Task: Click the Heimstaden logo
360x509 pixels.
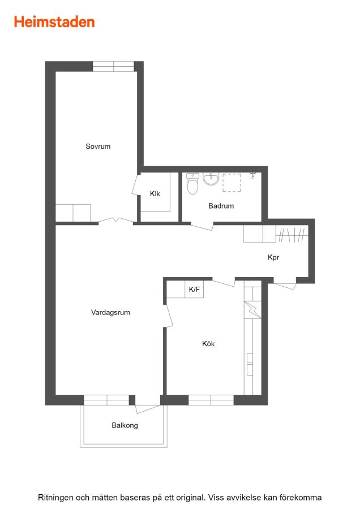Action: (x=54, y=21)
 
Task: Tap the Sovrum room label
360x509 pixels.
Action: (x=98, y=146)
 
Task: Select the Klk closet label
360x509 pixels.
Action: (x=155, y=194)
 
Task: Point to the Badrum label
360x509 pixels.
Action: (x=221, y=206)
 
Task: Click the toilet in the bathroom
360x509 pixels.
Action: (x=192, y=183)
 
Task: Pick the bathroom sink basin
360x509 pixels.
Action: (x=211, y=179)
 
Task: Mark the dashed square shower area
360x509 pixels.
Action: (x=232, y=183)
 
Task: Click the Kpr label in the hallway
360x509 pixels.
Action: (x=273, y=257)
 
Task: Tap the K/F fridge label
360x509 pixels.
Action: (x=194, y=289)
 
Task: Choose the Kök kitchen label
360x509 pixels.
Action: (x=208, y=343)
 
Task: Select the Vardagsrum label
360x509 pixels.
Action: (x=110, y=312)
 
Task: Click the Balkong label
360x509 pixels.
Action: (x=125, y=425)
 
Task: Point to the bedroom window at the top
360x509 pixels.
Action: (x=113, y=66)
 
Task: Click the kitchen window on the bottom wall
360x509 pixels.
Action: (x=211, y=400)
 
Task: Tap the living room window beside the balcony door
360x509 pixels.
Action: (x=106, y=400)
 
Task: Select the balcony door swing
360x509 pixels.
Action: (x=148, y=409)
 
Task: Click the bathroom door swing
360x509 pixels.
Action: (x=202, y=226)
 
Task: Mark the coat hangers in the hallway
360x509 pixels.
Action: (x=292, y=235)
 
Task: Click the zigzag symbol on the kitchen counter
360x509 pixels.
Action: (x=252, y=310)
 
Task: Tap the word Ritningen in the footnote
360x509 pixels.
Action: (x=55, y=498)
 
